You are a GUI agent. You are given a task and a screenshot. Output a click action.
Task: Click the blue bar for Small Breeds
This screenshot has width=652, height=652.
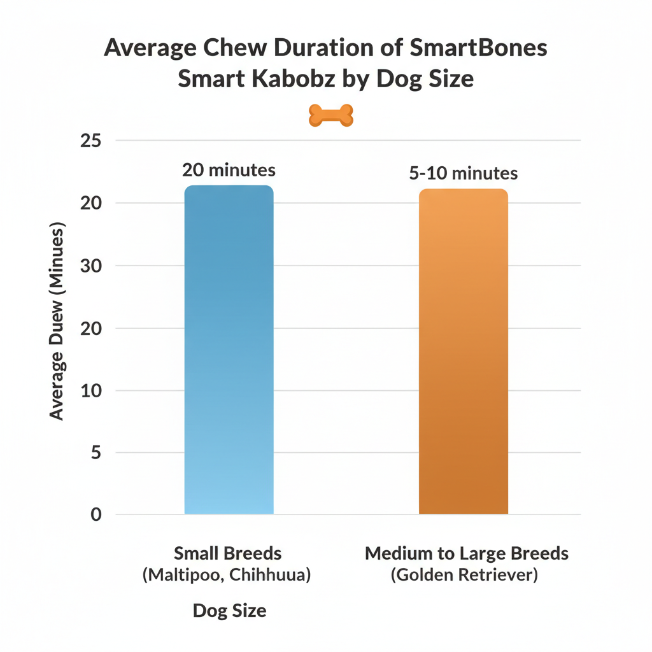click(229, 350)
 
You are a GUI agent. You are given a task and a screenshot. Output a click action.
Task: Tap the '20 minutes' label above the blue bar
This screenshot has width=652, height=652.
click(229, 171)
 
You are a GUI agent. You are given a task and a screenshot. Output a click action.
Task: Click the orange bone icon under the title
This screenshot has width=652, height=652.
click(330, 115)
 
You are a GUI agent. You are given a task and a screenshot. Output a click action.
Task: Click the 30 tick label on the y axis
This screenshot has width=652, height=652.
click(91, 266)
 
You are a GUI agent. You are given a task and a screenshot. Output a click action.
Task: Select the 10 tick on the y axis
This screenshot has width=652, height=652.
click(91, 390)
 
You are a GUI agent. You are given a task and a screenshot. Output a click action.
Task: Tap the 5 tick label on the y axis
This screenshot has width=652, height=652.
click(96, 453)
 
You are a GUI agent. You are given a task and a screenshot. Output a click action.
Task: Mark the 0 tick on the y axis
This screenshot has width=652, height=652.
click(96, 514)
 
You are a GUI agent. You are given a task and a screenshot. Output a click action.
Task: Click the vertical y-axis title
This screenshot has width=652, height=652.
click(57, 321)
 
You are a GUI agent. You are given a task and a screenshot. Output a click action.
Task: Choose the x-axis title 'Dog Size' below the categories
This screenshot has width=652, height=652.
click(229, 611)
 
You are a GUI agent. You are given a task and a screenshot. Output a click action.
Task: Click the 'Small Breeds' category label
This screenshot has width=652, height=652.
click(227, 553)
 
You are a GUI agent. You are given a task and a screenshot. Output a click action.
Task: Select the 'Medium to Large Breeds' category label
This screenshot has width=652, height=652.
click(466, 553)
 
